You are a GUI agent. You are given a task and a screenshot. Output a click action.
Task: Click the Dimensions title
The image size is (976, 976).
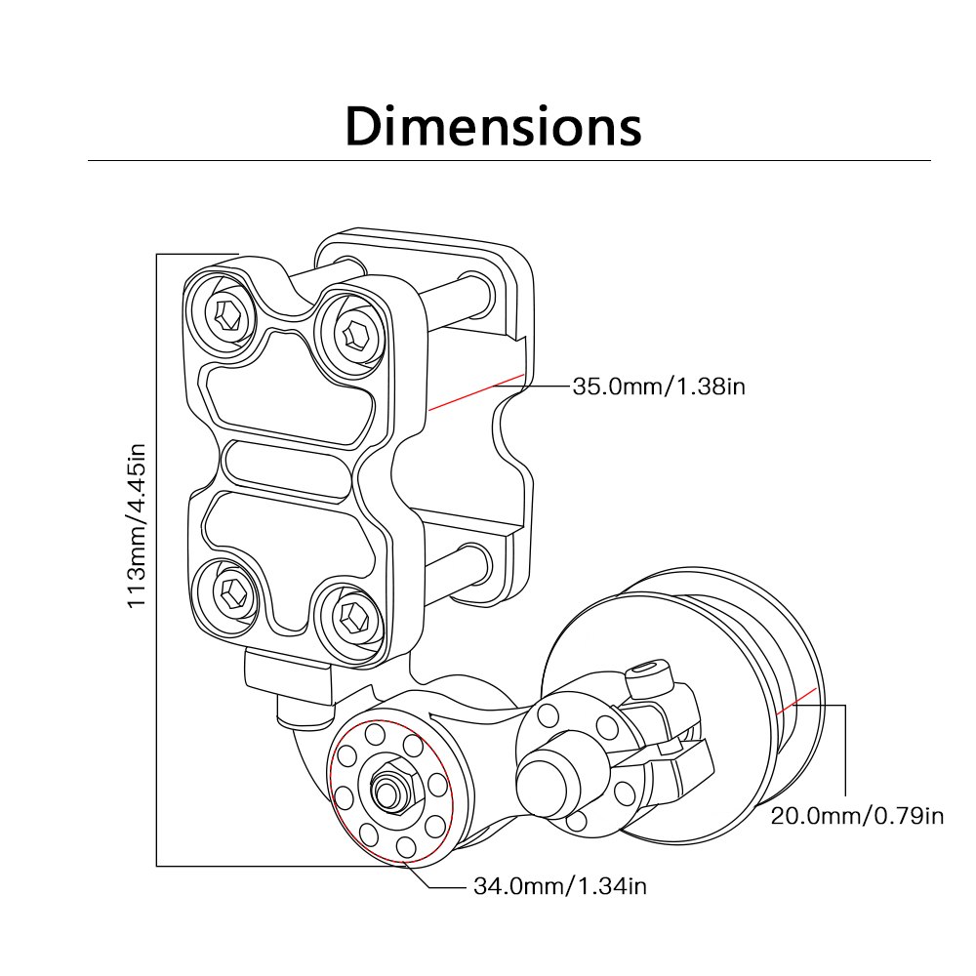click(493, 127)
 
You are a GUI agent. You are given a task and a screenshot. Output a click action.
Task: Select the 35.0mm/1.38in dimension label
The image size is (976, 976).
click(659, 387)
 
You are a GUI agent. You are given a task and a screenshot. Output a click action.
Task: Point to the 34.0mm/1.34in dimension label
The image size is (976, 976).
click(560, 886)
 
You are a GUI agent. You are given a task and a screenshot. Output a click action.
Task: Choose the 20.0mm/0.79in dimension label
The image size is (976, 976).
click(857, 815)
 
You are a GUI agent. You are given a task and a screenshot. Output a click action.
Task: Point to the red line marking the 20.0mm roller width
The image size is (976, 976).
click(796, 700)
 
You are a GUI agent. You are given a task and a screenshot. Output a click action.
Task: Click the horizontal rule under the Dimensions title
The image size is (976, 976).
click(508, 160)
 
